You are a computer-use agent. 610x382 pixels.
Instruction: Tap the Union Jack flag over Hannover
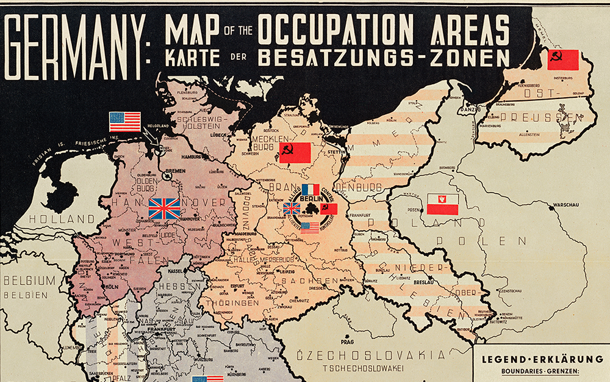coord(165,208)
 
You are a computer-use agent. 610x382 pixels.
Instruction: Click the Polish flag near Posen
coord(443,204)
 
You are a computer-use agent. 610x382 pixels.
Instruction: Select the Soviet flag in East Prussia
coord(562,59)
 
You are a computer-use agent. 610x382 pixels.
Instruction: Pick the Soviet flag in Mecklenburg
coord(295,153)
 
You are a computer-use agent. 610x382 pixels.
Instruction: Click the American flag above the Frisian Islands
coord(125,122)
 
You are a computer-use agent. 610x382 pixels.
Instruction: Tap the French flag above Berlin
coord(310,190)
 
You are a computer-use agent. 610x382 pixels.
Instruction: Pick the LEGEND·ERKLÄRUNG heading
coord(541,359)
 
